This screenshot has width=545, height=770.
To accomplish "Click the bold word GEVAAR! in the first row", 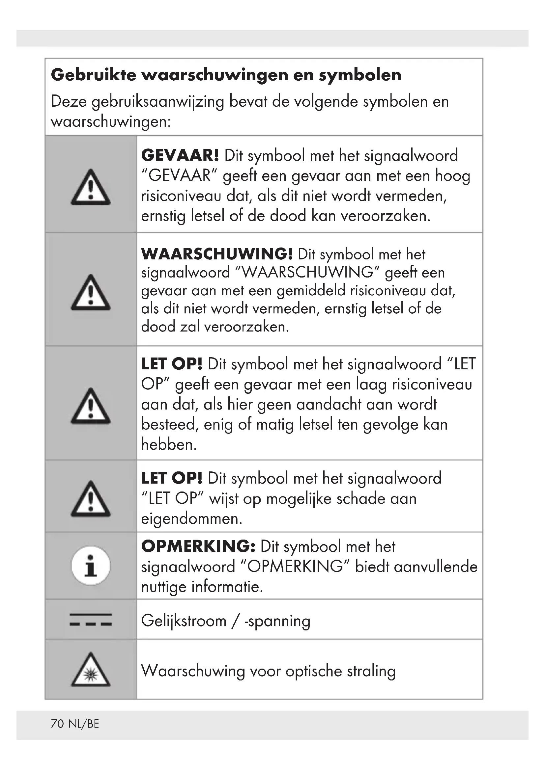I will click(x=180, y=156).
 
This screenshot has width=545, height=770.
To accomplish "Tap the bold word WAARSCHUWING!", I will click(x=217, y=254).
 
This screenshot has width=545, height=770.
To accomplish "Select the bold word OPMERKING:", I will click(x=198, y=546).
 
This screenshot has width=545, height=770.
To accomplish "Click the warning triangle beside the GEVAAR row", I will click(x=91, y=188).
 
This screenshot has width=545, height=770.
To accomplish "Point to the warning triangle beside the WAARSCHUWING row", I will click(x=91, y=293).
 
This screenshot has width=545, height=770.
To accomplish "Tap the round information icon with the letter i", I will click(x=91, y=566).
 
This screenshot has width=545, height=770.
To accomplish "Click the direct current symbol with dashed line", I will click(x=91, y=620).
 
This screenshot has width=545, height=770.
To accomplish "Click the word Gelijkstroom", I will click(x=184, y=621).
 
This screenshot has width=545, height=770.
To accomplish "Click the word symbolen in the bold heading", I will click(x=360, y=75).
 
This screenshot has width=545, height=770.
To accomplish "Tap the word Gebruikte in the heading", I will click(x=93, y=75).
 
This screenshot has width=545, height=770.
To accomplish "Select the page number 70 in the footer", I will click(x=57, y=724).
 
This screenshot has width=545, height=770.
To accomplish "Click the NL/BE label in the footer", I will click(x=84, y=724).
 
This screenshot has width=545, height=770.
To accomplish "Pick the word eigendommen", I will click(x=191, y=519).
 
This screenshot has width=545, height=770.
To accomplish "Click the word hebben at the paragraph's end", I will click(x=168, y=445).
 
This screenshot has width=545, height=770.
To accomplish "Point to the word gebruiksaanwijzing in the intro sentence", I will click(x=158, y=102).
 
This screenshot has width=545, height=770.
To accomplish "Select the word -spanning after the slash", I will click(x=277, y=621).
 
